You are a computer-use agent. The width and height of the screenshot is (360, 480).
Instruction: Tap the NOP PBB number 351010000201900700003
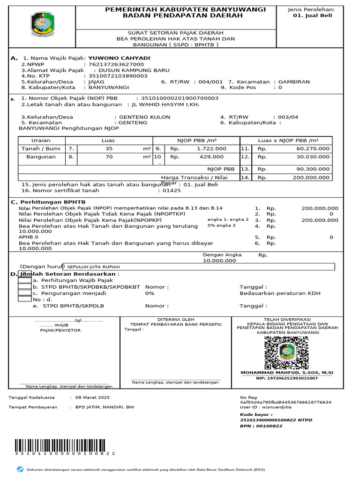[x=177, y=98]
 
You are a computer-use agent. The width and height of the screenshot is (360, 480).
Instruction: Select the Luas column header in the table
[x=108, y=141]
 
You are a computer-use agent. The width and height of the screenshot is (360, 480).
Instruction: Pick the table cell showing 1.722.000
[x=211, y=149]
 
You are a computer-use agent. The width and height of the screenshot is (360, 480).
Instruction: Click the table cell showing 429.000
[x=211, y=157]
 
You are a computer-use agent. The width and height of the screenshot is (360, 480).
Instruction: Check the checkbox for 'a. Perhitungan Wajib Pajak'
[x=25, y=280]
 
